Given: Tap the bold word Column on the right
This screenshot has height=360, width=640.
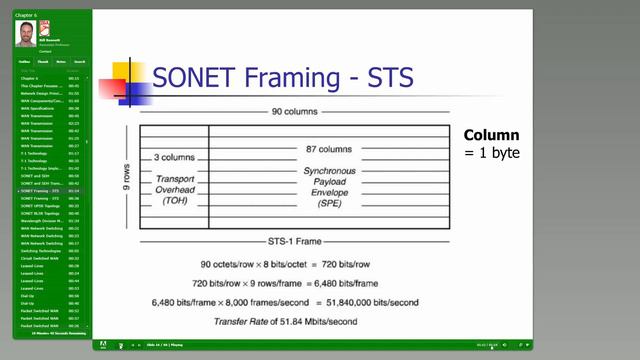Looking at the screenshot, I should [491, 135].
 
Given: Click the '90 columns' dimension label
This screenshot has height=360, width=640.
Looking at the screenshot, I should [291, 111].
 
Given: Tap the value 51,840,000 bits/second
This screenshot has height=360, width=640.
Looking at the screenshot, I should [375, 301].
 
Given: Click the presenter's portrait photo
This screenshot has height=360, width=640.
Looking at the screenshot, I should [25, 33].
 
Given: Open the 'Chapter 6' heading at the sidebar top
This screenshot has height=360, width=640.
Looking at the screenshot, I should [25, 15].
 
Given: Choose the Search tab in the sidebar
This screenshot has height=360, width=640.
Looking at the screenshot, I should [79, 61].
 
